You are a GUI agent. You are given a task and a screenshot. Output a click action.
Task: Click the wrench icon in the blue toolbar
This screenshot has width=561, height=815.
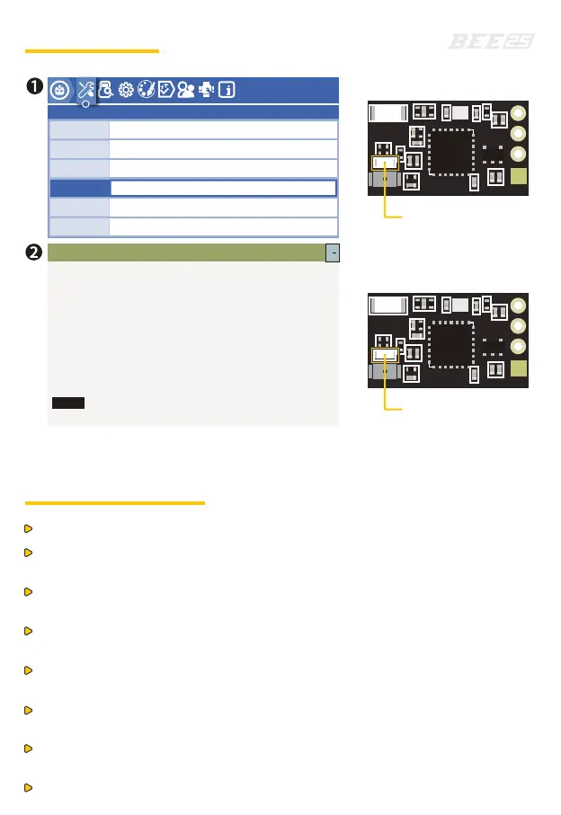pyautogui.click(x=85, y=89)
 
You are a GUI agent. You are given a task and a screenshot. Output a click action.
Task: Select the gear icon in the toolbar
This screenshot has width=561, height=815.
pyautogui.click(x=126, y=90)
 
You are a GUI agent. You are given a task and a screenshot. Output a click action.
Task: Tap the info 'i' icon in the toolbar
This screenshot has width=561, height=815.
pyautogui.click(x=227, y=90)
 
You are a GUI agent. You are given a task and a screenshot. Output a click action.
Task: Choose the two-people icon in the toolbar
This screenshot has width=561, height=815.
pyautogui.click(x=186, y=90)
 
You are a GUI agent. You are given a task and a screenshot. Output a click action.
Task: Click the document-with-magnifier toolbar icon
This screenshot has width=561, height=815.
pyautogui.click(x=105, y=90)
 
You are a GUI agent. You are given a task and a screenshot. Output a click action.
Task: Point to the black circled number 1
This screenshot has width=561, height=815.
pyautogui.click(x=32, y=87)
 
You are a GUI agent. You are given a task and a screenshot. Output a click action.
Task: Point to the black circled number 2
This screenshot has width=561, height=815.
pyautogui.click(x=32, y=251)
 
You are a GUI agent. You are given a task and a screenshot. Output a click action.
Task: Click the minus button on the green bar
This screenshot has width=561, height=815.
pyautogui.click(x=332, y=252)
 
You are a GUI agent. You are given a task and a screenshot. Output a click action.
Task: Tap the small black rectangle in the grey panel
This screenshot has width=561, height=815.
pyautogui.click(x=67, y=403)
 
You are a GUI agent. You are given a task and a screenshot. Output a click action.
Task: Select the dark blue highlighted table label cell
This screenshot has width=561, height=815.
pyautogui.click(x=79, y=188)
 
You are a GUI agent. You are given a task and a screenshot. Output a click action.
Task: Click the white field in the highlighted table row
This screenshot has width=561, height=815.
pyautogui.click(x=223, y=188)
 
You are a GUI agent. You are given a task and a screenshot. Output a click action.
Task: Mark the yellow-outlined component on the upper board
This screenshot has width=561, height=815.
pyautogui.click(x=385, y=164)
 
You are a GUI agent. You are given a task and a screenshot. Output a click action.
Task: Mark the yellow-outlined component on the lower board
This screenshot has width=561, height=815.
pyautogui.click(x=385, y=356)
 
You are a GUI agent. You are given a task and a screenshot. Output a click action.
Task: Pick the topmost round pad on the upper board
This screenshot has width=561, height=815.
pyautogui.click(x=518, y=115)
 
